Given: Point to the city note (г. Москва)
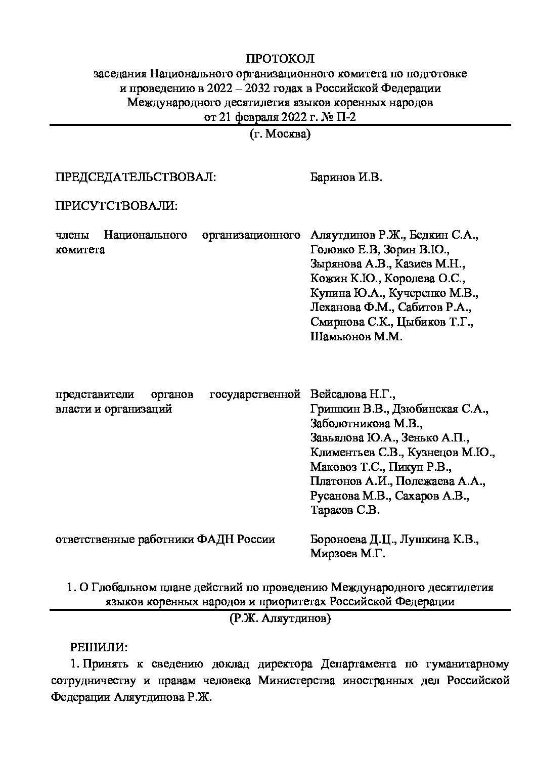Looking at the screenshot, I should [x=280, y=135].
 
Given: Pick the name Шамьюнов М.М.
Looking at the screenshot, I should [x=356, y=336].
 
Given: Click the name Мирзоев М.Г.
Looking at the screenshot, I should [x=348, y=554].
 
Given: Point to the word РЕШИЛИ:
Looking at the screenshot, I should [x=99, y=647].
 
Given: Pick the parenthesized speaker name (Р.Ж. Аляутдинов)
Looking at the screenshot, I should [x=280, y=618].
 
